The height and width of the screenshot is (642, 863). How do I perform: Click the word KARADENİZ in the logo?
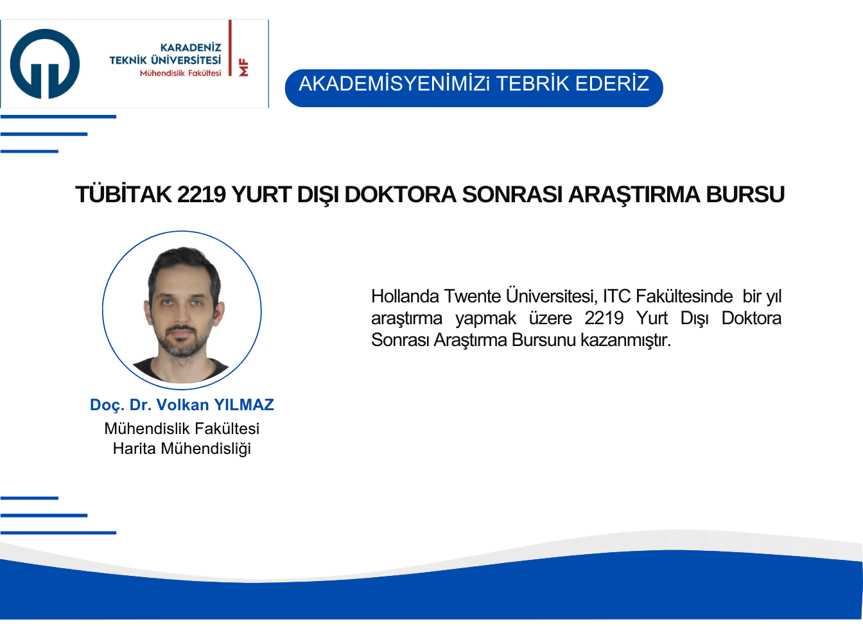click(191, 48)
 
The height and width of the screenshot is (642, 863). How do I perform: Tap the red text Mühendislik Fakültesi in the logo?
click(180, 73)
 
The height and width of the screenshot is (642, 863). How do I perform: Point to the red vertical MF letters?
click(243, 67)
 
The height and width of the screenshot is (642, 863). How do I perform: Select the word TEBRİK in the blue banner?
click(533, 83)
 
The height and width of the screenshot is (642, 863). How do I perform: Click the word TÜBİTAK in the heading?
click(123, 194)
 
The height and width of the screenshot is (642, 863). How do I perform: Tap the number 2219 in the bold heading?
click(201, 195)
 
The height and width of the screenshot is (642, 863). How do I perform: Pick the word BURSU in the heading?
click(745, 195)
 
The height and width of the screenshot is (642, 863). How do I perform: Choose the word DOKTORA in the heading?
click(400, 195)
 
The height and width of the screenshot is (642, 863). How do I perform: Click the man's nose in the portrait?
click(181, 313)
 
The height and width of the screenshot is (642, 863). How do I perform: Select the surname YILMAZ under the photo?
click(244, 404)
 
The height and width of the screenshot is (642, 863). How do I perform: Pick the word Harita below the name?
click(134, 449)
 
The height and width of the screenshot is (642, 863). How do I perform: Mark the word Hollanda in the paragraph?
click(405, 297)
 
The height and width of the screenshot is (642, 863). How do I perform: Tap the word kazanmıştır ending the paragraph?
click(625, 340)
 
